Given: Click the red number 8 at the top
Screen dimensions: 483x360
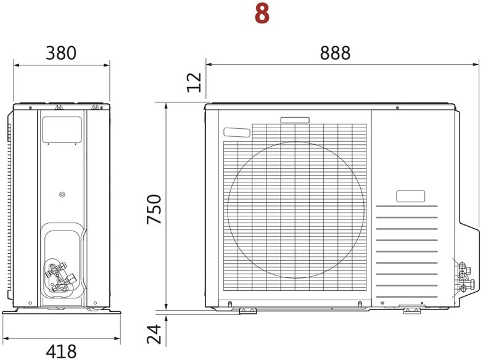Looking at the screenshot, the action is (x=262, y=14).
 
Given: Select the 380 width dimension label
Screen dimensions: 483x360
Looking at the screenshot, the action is (x=61, y=53).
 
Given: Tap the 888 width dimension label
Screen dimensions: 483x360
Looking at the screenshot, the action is (x=335, y=53).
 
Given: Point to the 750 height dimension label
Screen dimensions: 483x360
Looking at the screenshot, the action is (x=154, y=209).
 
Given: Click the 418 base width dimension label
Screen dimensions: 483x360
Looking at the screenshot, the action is (x=61, y=351).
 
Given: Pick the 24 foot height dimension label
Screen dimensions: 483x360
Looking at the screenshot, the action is (x=154, y=334).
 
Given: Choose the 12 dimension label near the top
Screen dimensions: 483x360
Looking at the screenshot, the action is (x=194, y=83).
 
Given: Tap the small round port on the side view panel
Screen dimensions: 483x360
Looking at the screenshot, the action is (x=62, y=194).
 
